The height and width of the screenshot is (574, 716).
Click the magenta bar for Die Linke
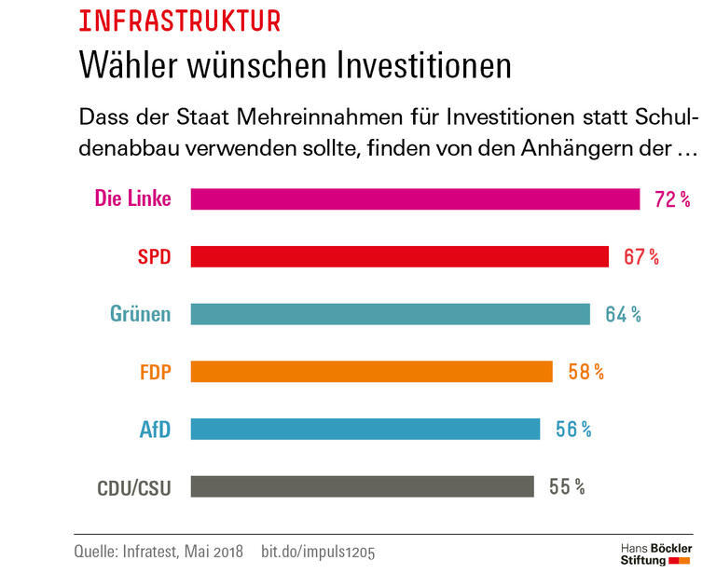tap(415, 199)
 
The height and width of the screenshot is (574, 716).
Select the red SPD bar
tap(399, 257)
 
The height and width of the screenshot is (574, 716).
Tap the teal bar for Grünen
tap(390, 314)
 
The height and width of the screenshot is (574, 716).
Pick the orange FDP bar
tap(371, 372)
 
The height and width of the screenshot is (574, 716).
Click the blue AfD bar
tap(365, 429)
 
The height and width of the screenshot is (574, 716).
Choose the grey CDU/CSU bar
tap(362, 486)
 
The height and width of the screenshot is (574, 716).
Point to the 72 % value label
tap(671, 199)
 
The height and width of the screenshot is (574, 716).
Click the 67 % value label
tap(641, 257)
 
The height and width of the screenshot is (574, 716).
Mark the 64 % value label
tap(623, 314)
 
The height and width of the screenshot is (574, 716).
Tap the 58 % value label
tap(585, 372)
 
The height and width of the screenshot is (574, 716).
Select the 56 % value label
tap(573, 429)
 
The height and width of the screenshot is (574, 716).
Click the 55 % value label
tap(567, 486)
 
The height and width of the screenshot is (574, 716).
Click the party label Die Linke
tap(132, 198)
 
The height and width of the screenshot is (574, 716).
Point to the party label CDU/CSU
tap(134, 487)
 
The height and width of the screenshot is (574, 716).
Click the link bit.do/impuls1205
tap(319, 552)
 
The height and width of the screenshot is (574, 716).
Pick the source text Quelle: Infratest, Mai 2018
tap(158, 552)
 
